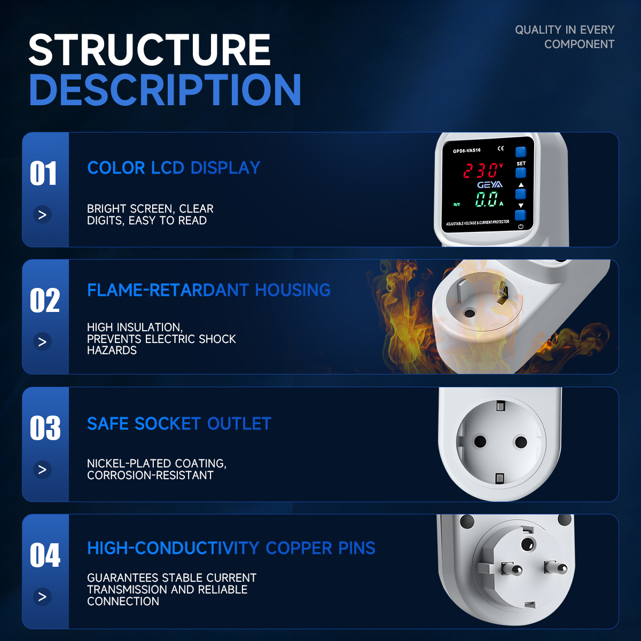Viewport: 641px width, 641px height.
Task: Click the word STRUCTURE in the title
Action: pos(150,50)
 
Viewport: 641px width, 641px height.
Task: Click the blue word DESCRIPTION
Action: pos(165,90)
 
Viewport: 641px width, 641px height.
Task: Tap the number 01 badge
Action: pos(43,173)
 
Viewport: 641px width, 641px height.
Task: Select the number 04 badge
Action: pos(45,555)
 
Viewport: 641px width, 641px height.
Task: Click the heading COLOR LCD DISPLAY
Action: pos(173,168)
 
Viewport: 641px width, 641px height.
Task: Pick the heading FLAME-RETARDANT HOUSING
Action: pos(208,290)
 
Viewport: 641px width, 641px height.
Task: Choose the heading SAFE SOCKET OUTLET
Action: pos(179,424)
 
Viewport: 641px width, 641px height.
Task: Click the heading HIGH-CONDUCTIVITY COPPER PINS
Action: pos(231,548)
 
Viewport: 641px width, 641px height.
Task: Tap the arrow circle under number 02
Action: pos(42,342)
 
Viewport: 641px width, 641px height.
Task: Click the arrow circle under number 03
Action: pos(42,470)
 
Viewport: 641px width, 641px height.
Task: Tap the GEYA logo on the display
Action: pos(490,185)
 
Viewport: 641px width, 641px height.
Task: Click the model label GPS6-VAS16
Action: pos(467,151)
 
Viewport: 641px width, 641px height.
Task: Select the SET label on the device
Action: pos(521,163)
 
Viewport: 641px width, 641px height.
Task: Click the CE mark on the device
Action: pos(501,148)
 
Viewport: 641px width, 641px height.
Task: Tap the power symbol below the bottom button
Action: pos(521,226)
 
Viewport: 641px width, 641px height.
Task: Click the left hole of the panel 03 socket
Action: pos(480,442)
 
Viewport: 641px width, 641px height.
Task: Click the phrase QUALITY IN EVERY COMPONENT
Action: pos(565,37)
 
